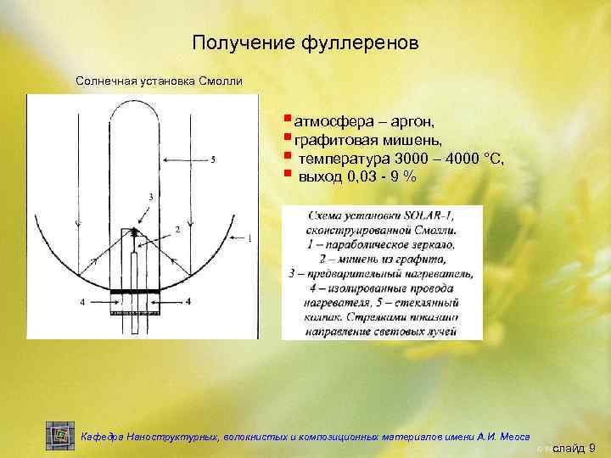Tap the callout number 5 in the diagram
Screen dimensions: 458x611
(212, 159)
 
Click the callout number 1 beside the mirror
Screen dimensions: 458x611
(249, 238)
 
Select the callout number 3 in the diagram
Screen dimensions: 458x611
(151, 197)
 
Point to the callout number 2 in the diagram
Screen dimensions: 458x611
(177, 230)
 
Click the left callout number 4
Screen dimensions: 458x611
(82, 301)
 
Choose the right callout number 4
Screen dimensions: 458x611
(188, 301)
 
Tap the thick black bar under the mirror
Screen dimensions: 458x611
(135, 292)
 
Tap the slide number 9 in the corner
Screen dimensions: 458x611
(591, 447)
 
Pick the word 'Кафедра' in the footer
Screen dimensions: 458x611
(101, 437)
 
